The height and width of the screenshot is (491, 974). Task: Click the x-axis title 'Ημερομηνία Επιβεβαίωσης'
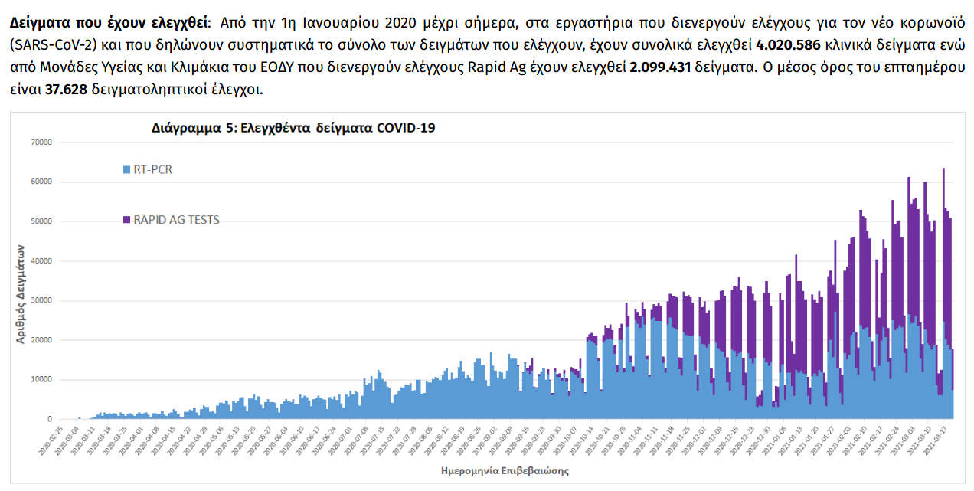click(x=505, y=469)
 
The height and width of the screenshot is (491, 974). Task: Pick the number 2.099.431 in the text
click(x=660, y=67)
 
